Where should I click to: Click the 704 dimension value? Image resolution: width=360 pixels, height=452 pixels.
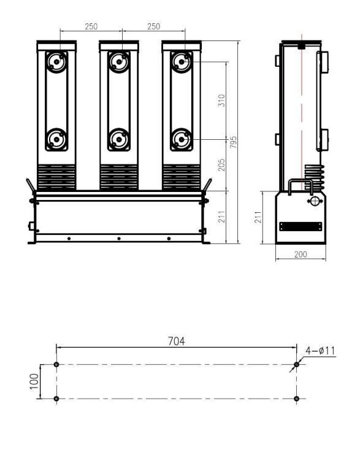tap(177, 340)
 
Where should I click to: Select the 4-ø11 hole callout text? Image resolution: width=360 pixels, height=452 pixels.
tap(320, 350)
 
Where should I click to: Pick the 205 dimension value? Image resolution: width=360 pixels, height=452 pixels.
tap(222, 164)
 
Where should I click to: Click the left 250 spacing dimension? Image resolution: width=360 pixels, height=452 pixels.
tap(91, 27)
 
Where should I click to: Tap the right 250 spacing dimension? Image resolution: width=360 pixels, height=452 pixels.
tap(153, 27)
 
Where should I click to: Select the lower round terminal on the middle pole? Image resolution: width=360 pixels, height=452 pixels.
tap(118, 139)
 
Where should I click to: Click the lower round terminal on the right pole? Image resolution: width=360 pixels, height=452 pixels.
tap(181, 139)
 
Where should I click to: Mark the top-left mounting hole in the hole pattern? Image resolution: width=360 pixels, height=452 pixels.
tap(56, 364)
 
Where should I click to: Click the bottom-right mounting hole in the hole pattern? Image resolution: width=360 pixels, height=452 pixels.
tap(297, 399)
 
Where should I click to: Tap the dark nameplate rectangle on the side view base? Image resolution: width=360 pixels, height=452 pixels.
tap(300, 226)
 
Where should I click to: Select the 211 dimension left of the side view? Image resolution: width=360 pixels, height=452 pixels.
tap(258, 217)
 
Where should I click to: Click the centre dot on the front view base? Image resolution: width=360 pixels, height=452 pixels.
tap(119, 238)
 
